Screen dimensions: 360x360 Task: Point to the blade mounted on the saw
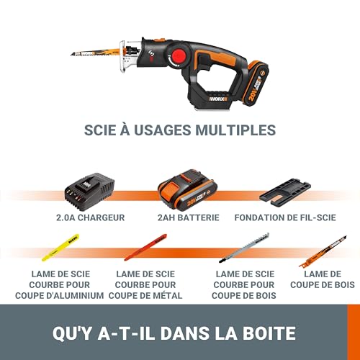[97, 52]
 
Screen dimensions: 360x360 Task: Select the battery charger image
[89, 193]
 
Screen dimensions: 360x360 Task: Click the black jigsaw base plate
[285, 192]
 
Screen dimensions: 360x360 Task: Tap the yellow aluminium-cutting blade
[60, 248]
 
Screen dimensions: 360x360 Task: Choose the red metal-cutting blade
[145, 248]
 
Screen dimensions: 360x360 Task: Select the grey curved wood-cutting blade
[244, 248]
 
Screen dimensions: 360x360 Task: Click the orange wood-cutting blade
[323, 251]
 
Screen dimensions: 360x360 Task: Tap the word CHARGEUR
[102, 217]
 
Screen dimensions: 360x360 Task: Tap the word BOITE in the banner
[271, 333]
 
